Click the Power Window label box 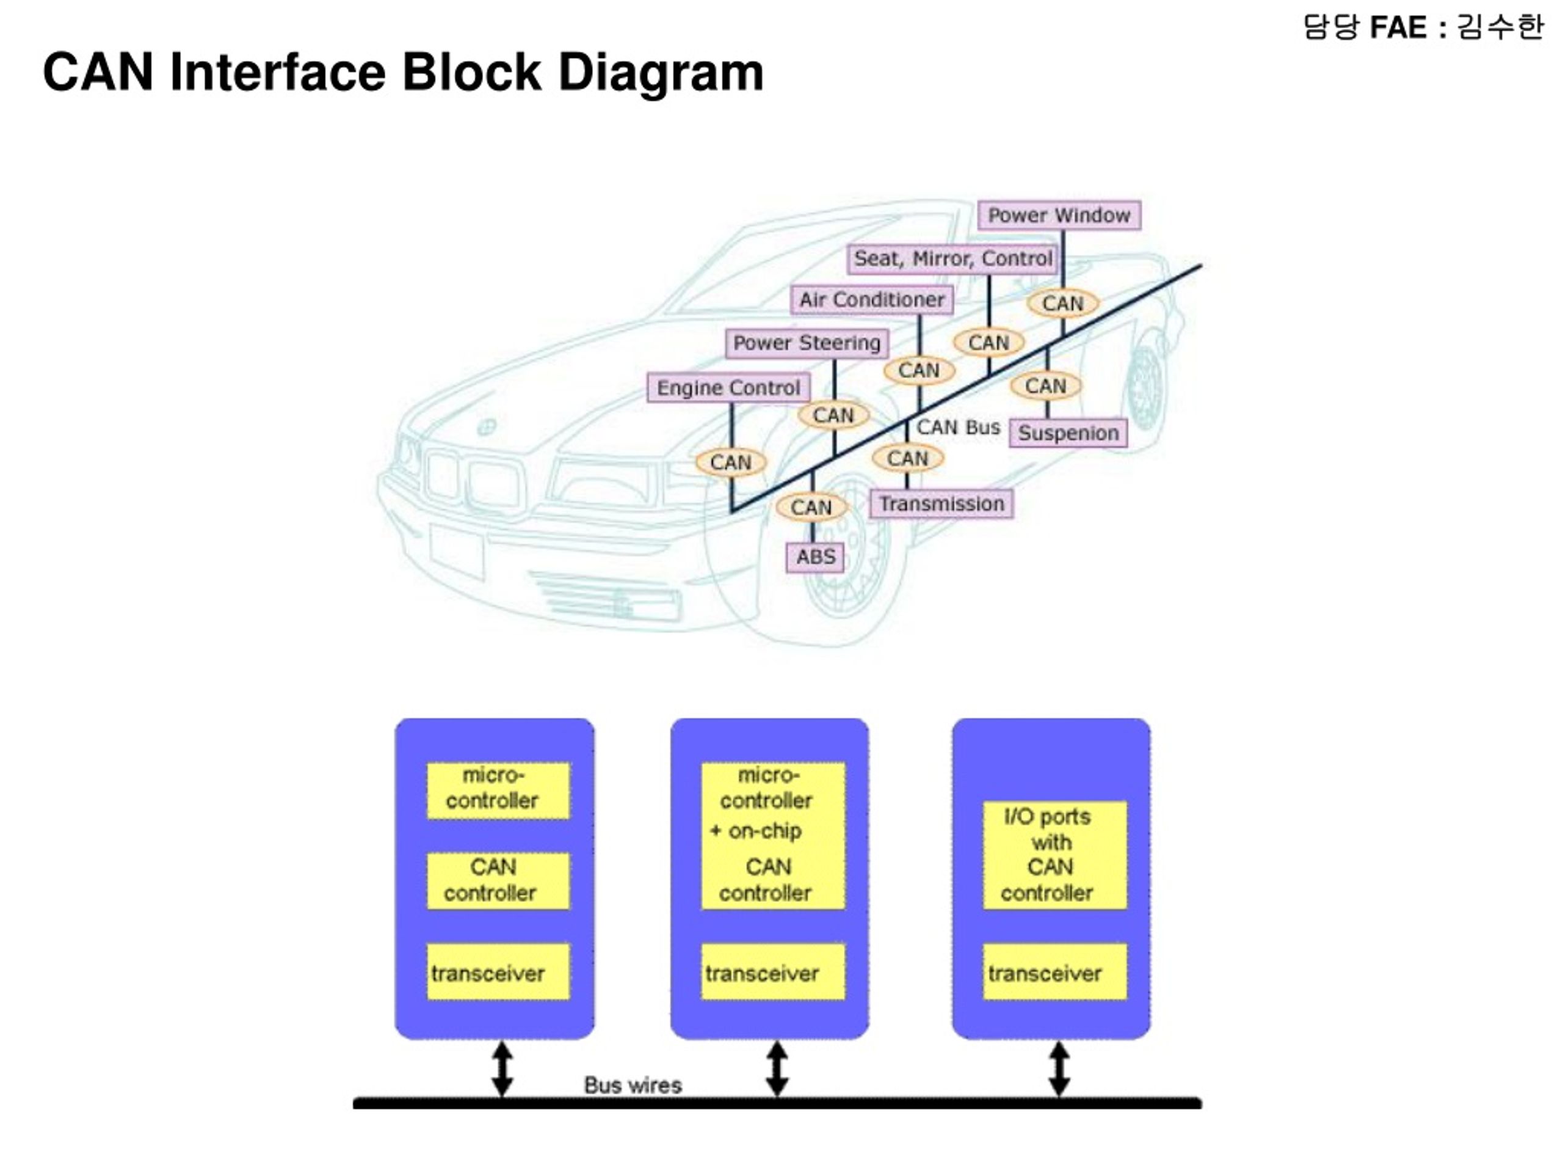click(1059, 215)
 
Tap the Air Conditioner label click(871, 300)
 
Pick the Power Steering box click(807, 343)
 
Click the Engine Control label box click(728, 388)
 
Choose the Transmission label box click(941, 504)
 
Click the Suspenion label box click(1068, 433)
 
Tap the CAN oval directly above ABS click(811, 507)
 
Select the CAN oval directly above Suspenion click(1046, 386)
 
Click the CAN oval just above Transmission click(907, 458)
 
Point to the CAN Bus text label click(958, 427)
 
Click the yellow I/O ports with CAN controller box click(1054, 855)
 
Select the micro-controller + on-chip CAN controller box click(772, 835)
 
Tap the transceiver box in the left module click(498, 971)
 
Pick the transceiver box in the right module click(1054, 971)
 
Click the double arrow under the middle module click(777, 1069)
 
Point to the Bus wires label click(633, 1085)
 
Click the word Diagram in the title click(661, 73)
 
